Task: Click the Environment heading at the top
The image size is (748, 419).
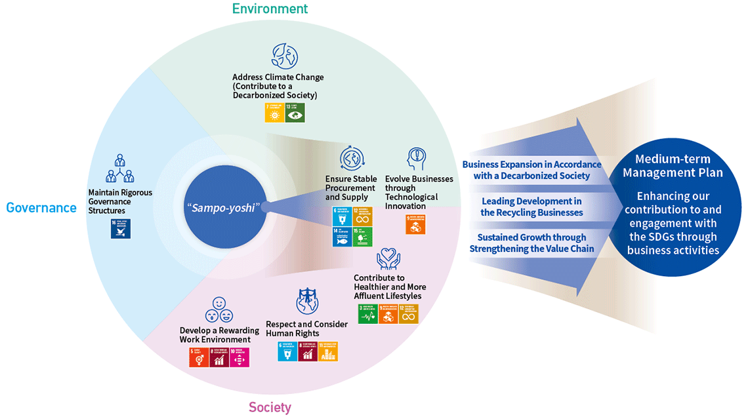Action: click(x=269, y=9)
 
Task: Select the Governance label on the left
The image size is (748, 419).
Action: click(x=41, y=208)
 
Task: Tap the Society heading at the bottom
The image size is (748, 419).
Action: click(x=270, y=407)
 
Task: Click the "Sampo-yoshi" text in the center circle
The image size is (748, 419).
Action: click(x=223, y=207)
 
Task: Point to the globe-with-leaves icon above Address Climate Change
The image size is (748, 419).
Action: click(x=285, y=56)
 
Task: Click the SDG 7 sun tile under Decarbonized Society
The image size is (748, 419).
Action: click(x=274, y=113)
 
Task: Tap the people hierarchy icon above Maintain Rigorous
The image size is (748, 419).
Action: click(x=119, y=169)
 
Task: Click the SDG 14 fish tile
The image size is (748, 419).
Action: click(x=341, y=237)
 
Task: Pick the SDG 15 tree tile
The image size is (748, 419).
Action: click(x=362, y=237)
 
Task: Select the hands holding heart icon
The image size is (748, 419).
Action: click(x=388, y=260)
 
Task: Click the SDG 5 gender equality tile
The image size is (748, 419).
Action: click(x=199, y=357)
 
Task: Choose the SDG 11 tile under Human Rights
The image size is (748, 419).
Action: click(x=329, y=351)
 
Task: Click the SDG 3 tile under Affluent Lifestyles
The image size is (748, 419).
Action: click(x=367, y=314)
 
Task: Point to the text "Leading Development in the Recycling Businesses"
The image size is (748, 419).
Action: click(x=531, y=207)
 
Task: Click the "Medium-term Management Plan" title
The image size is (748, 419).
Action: click(x=673, y=166)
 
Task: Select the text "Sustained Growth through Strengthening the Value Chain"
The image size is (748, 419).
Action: click(x=531, y=243)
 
